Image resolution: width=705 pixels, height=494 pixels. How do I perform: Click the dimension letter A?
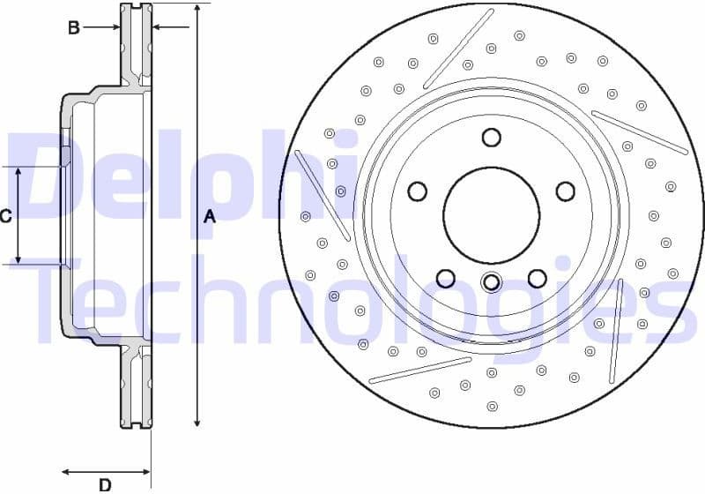click(x=209, y=216)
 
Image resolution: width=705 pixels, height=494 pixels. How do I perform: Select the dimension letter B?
click(x=75, y=27)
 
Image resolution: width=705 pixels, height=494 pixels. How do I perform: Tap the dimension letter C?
click(x=5, y=216)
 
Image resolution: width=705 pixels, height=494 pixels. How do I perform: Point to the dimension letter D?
click(x=104, y=483)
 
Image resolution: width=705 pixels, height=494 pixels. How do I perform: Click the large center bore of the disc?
click(x=491, y=214)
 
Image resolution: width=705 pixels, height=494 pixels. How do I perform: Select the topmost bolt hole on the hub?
click(x=491, y=138)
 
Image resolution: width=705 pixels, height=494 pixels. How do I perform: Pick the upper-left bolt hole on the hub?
click(x=418, y=191)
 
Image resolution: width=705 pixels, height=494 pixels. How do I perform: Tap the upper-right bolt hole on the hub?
click(x=564, y=191)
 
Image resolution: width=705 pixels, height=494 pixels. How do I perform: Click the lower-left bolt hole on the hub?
click(x=446, y=279)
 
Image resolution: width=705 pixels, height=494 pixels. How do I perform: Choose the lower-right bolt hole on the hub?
click(x=537, y=279)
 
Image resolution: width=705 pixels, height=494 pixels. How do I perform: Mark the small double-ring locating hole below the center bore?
click(x=491, y=282)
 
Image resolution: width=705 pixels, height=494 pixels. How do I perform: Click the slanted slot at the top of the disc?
click(x=458, y=49)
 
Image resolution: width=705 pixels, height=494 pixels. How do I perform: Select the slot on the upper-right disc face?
click(x=640, y=132)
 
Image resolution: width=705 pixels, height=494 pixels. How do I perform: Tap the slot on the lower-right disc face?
click(x=616, y=318)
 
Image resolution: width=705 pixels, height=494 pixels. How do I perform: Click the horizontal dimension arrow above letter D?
click(x=106, y=470)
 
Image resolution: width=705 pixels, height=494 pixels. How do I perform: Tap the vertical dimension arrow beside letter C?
click(x=19, y=214)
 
